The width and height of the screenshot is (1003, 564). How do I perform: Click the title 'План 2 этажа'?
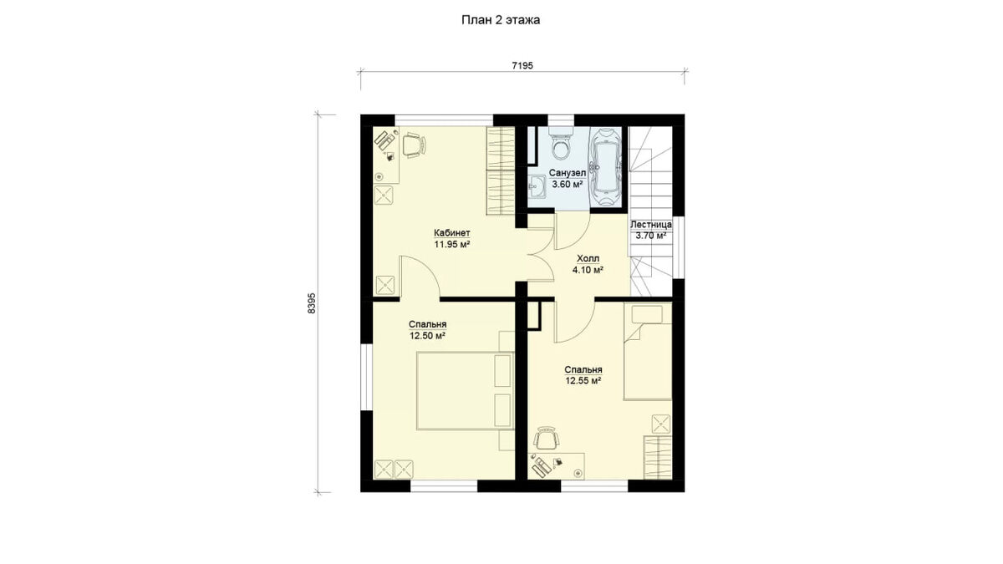coord(501,20)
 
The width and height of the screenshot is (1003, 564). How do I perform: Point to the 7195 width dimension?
coord(522,66)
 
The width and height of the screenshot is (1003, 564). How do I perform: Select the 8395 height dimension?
coord(312,303)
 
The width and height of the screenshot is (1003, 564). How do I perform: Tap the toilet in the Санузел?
coord(561,143)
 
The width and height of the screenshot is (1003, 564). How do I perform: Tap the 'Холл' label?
coord(588,259)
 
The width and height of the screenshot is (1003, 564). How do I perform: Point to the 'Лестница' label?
coord(651,224)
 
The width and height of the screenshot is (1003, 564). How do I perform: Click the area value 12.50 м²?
coord(427,336)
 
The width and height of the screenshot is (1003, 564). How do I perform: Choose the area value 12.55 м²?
coord(583,381)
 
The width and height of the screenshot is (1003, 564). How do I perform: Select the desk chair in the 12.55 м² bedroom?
coord(547,438)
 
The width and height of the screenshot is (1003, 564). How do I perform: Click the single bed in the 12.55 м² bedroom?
coord(648,352)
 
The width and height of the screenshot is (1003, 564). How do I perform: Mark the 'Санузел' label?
coord(568,173)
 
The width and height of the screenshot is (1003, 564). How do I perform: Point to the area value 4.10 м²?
coord(588,270)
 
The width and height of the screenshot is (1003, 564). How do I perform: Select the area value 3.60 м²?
coord(568,184)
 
